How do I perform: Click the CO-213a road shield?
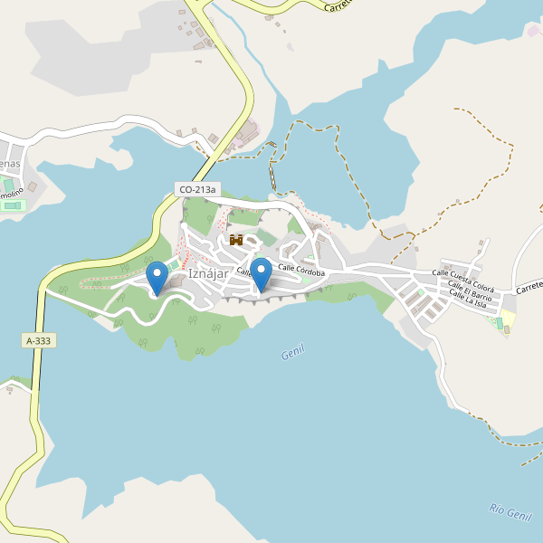[198, 189]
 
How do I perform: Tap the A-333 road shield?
[39, 340]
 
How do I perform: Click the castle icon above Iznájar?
[237, 240]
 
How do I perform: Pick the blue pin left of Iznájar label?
[157, 276]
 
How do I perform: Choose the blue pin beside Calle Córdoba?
[261, 273]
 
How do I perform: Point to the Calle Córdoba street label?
[301, 269]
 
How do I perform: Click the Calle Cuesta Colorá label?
[463, 273]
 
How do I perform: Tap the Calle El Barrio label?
[471, 286]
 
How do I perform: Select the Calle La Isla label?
[469, 299]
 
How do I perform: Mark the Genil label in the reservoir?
[292, 350]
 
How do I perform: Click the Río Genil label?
[510, 511]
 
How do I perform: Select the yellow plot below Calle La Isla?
[508, 319]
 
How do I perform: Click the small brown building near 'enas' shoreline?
[33, 187]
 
